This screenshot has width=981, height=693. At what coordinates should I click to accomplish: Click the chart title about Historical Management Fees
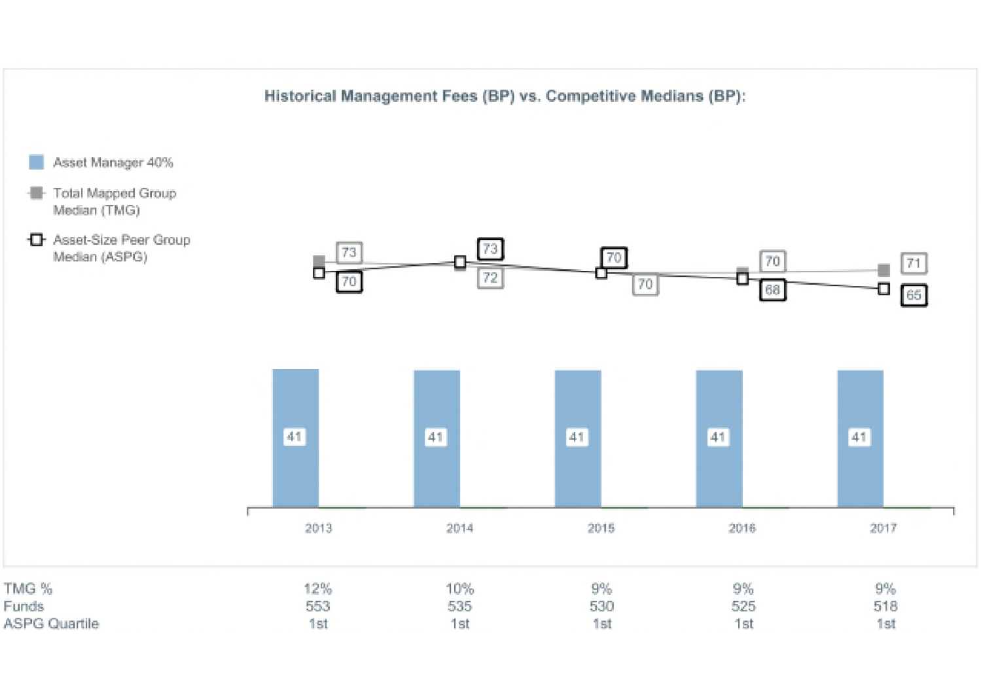pyautogui.click(x=505, y=96)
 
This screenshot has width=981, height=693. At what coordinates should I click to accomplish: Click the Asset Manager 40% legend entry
pyautogui.click(x=101, y=162)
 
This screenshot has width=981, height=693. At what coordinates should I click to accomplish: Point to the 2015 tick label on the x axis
pyautogui.click(x=601, y=528)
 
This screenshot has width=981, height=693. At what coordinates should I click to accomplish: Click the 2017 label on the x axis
pyautogui.click(x=883, y=528)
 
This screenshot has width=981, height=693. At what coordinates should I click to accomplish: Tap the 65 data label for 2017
pyautogui.click(x=914, y=295)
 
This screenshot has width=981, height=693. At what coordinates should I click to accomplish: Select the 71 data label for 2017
pyautogui.click(x=914, y=263)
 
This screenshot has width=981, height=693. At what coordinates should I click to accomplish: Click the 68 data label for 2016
pyautogui.click(x=772, y=290)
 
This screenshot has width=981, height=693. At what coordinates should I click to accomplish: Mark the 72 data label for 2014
pyautogui.click(x=490, y=277)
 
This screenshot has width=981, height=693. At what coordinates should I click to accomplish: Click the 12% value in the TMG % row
pyautogui.click(x=318, y=588)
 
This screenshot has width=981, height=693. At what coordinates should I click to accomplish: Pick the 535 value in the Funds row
pyautogui.click(x=459, y=606)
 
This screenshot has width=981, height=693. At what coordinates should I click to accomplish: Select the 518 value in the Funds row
pyautogui.click(x=885, y=606)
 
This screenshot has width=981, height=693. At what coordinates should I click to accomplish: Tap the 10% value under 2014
pyautogui.click(x=459, y=588)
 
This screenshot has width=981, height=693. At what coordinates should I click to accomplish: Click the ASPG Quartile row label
pyautogui.click(x=51, y=624)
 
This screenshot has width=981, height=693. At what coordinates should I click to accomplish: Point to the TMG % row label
pyautogui.click(x=28, y=588)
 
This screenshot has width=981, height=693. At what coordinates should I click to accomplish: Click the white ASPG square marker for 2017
pyautogui.click(x=883, y=289)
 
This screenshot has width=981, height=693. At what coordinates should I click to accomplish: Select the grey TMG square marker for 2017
pyautogui.click(x=883, y=270)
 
